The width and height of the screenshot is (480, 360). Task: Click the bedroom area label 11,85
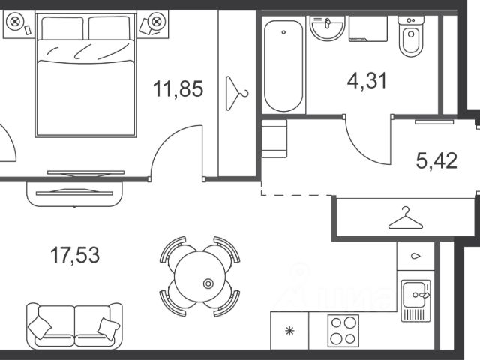coord(178,88)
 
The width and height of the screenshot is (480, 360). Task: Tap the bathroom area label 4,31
coord(367,81)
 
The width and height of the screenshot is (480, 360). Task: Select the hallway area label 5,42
coord(436,160)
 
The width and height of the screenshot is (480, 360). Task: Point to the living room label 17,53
coord(75,255)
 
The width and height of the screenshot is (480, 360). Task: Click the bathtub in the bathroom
coord(283,66)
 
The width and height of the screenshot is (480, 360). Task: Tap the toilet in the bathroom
coord(411,37)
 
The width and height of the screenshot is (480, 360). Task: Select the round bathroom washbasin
coord(327,28)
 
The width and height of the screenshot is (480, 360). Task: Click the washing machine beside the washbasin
coord(368,28)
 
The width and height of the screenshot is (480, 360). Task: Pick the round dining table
coord(200,277)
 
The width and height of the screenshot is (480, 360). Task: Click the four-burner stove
coord(343,331)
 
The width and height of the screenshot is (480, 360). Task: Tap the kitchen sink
coord(416,301)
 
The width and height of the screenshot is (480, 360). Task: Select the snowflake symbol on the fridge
coord(289,331)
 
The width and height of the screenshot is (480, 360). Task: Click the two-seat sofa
coord(74,326)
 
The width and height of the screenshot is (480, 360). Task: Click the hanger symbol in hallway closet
coord(406,218)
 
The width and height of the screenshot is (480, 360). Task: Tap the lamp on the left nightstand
coord(15,22)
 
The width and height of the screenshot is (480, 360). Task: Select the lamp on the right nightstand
coord(157,22)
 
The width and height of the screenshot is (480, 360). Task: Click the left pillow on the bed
coord(62,28)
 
